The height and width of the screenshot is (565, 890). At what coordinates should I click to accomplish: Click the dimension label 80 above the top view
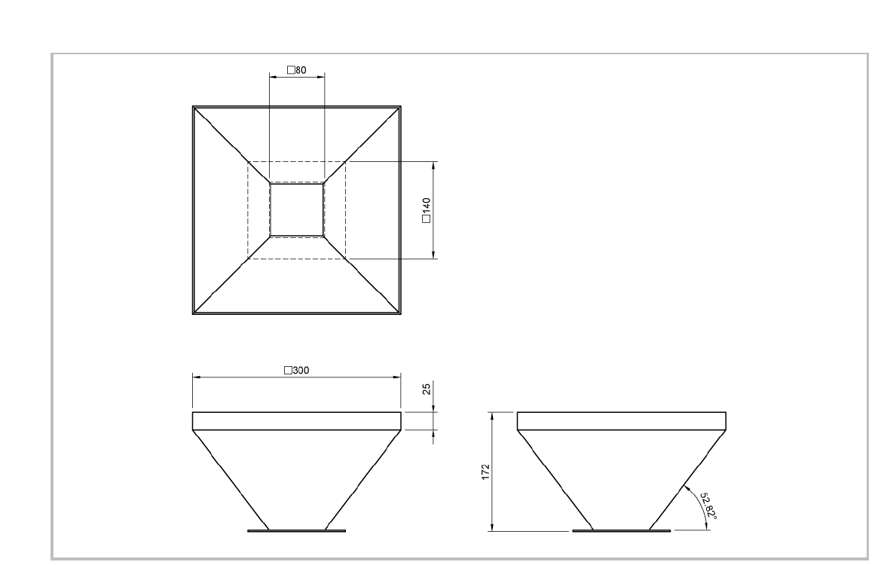coord(301,70)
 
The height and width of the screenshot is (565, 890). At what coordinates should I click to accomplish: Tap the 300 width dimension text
coord(301,370)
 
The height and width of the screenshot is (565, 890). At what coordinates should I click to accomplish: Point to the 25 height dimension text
coord(427,390)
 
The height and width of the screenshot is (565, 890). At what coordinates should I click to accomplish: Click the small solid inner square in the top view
coord(297,209)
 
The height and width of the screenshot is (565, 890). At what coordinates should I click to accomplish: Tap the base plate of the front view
coord(297,530)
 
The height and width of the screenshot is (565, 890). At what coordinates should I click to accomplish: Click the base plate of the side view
coord(621,530)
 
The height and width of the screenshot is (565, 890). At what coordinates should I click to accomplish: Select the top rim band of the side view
coord(621,421)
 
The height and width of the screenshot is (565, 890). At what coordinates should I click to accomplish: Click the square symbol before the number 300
coord(287,370)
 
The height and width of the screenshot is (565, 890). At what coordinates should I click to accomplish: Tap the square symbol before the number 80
coord(291,70)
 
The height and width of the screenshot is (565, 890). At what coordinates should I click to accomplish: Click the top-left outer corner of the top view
coord(193,106)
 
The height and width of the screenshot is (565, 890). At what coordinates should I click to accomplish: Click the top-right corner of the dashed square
coord(345,161)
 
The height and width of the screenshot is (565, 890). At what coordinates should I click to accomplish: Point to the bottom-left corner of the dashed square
coord(248,258)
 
